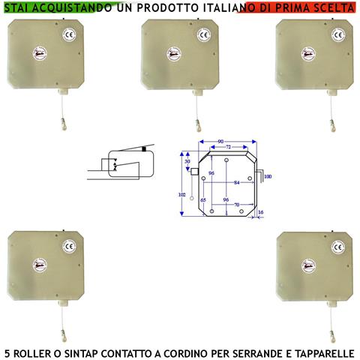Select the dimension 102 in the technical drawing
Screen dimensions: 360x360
[181, 194]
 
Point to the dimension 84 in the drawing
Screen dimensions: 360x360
[237, 182]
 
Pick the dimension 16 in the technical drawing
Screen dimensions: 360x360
[260, 213]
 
